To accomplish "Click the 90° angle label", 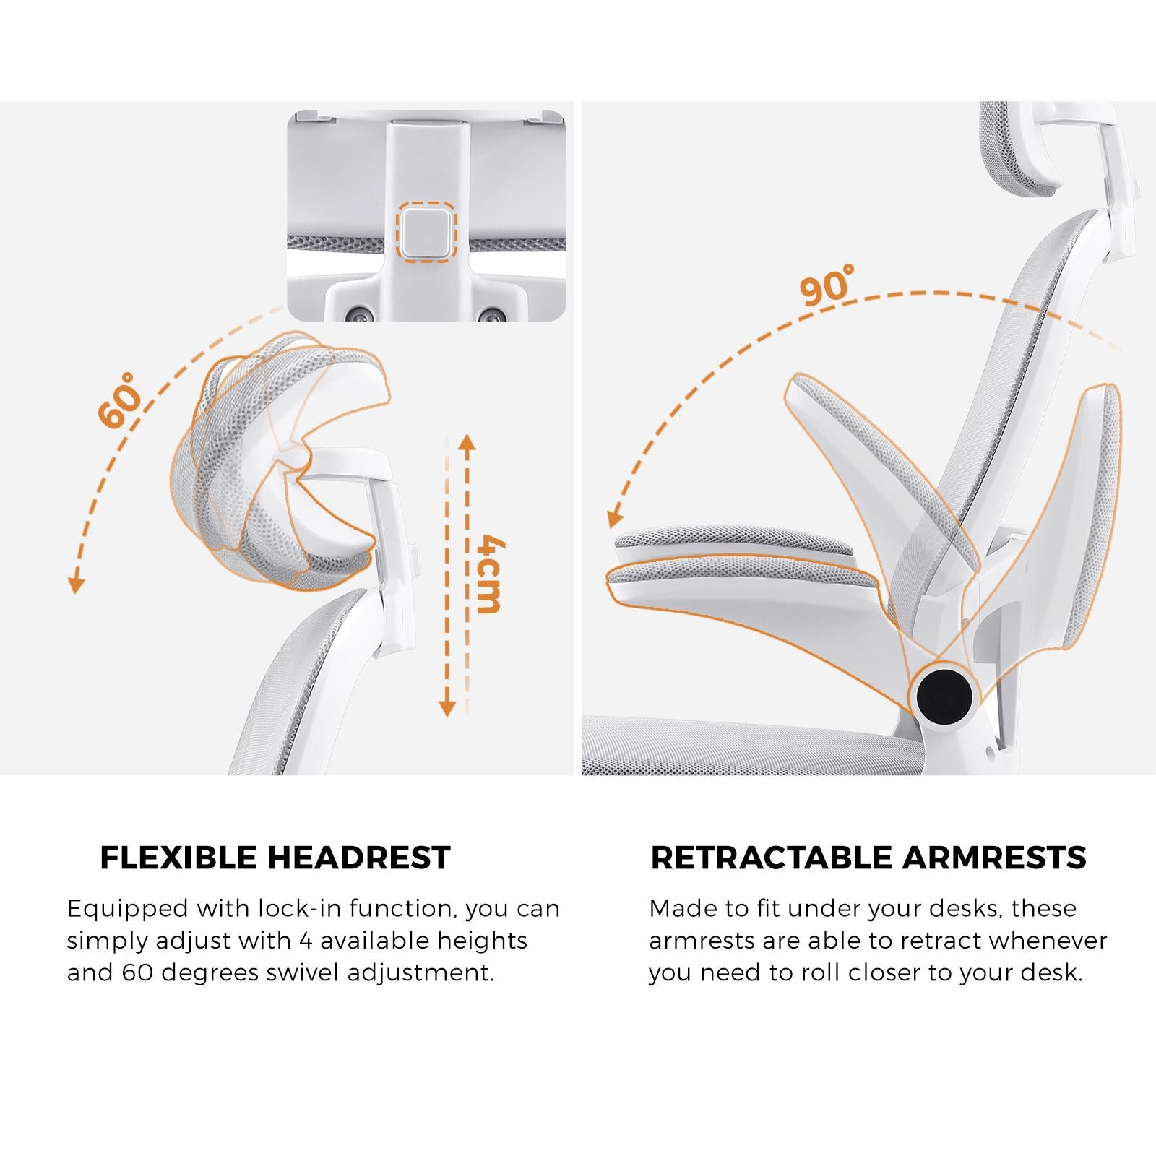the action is (x=827, y=284).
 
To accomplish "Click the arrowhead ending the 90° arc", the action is (x=614, y=517).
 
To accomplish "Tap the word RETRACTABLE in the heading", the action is (x=772, y=858).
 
